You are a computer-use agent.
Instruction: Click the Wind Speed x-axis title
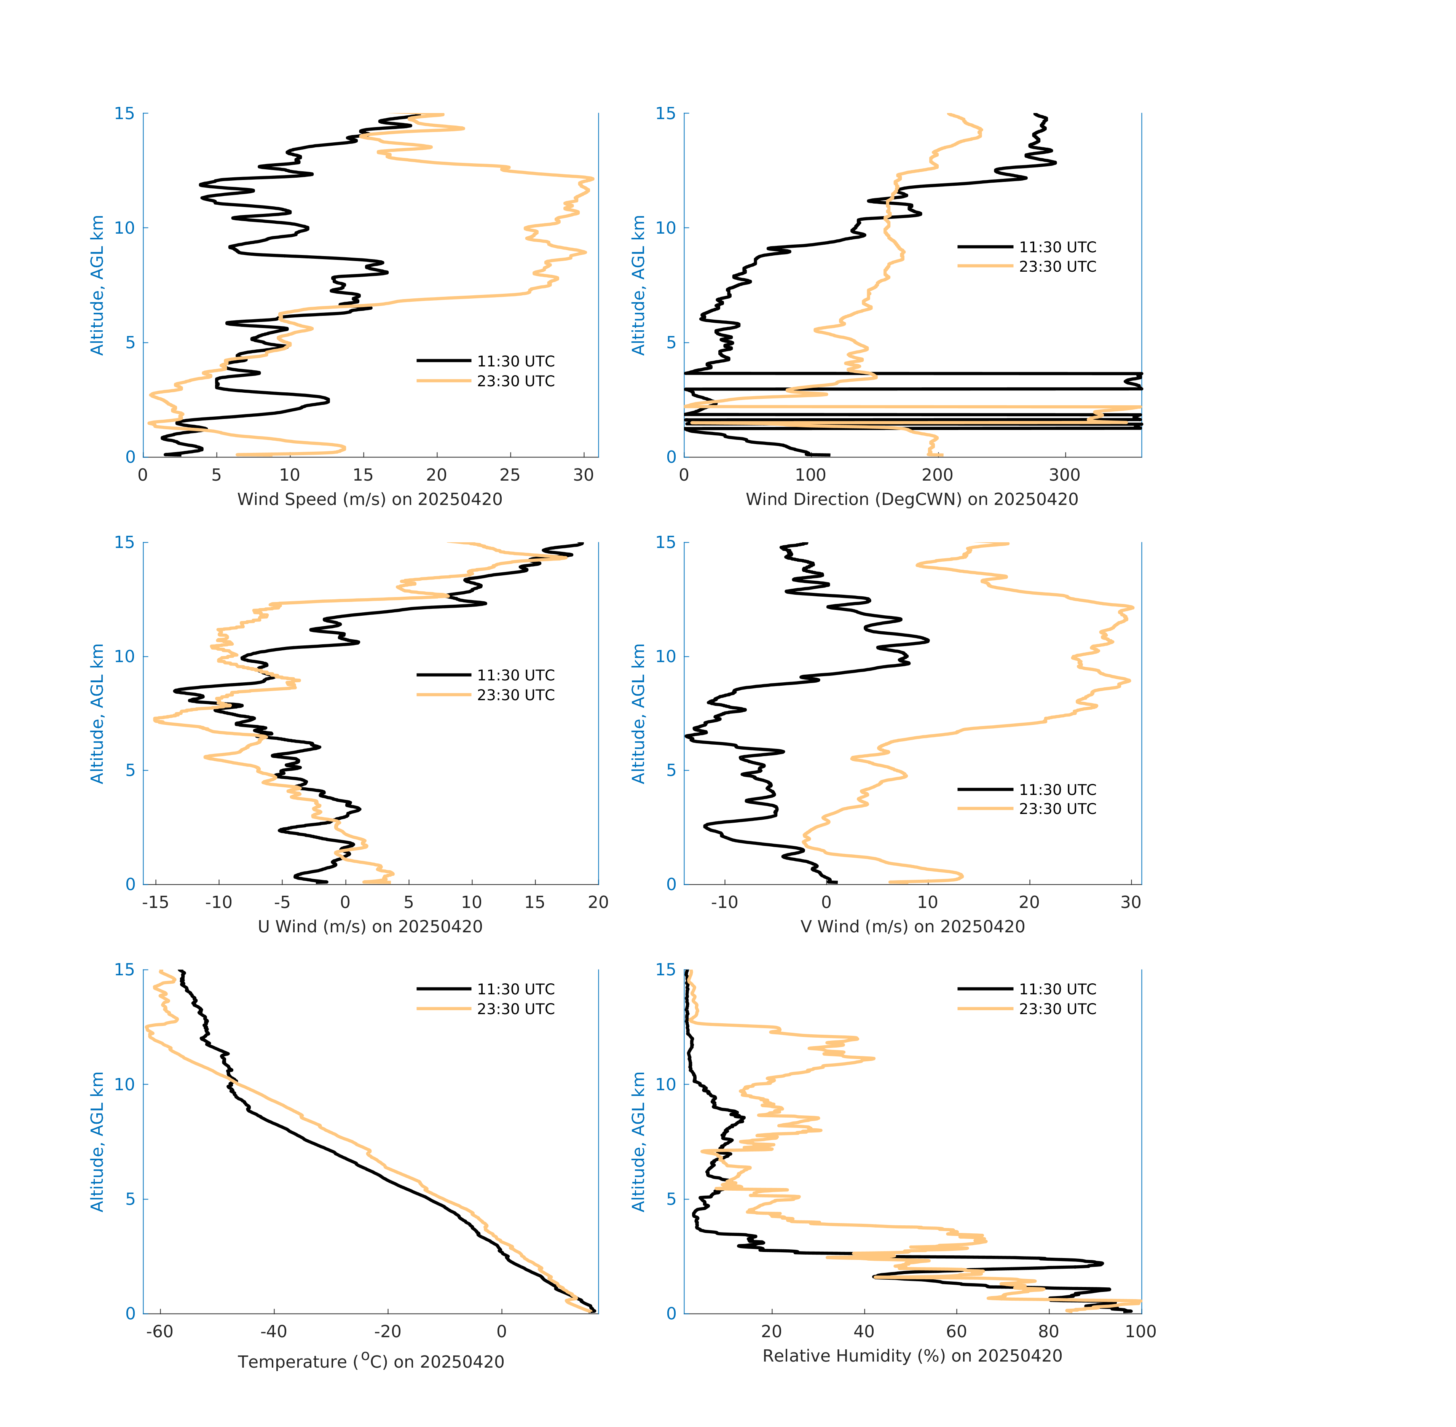pos(370,499)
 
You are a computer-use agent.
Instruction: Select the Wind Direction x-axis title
pos(912,499)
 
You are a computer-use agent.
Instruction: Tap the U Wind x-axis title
pos(370,926)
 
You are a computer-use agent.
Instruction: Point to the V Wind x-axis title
pos(912,926)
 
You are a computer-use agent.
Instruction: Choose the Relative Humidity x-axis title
pos(912,1356)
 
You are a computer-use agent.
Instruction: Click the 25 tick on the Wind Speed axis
pos(510,475)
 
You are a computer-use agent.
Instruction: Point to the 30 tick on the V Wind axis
pos(1131,902)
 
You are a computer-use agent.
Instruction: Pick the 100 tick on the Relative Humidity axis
pos(1140,1332)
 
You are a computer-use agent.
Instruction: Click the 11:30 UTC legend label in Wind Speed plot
pos(516,361)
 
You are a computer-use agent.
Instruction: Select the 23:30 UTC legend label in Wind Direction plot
pos(1057,267)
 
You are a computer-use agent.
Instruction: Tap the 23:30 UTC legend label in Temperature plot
pos(516,1009)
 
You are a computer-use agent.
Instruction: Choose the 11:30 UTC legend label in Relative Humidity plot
pos(1057,989)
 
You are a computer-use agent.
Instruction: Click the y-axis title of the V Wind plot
pos(638,713)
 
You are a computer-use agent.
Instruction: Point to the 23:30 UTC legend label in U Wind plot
pos(516,695)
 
